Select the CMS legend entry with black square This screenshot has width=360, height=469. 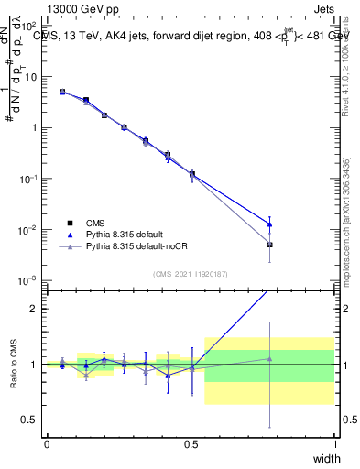[x=96, y=222]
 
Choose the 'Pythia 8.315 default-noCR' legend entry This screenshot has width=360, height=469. [x=136, y=247]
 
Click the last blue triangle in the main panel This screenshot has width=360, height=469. [x=269, y=224]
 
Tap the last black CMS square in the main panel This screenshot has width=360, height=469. [x=269, y=245]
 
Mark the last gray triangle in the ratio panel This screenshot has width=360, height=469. [x=269, y=358]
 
